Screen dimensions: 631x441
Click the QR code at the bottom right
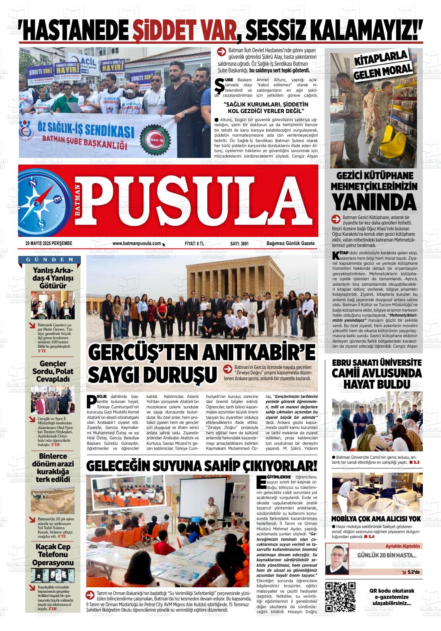click(340, 597)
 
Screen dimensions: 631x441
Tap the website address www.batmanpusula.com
click(137, 243)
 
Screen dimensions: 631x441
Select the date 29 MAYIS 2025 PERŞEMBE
click(49, 243)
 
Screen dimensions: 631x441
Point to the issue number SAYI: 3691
click(239, 243)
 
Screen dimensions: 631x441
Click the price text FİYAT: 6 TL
click(195, 243)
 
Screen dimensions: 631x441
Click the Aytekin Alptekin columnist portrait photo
click(337, 558)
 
